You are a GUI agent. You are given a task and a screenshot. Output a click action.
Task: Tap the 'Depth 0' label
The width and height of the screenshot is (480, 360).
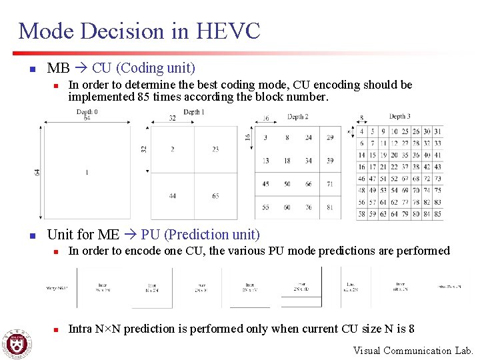click(x=87, y=112)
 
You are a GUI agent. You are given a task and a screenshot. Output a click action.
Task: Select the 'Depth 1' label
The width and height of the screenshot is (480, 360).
click(x=193, y=112)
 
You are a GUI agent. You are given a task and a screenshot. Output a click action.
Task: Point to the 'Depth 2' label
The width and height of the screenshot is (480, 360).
click(x=297, y=117)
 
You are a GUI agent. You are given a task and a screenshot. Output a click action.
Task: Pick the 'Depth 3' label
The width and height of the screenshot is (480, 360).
click(x=399, y=117)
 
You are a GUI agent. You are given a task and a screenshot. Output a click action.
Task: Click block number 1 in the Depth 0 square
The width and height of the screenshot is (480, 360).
click(x=87, y=173)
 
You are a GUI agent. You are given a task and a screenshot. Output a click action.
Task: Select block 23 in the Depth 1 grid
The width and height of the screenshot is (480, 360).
click(x=215, y=149)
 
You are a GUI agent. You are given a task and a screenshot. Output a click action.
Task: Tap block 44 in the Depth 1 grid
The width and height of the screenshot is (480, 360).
click(x=173, y=196)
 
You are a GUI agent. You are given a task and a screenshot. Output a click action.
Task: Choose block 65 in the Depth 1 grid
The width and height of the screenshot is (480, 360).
click(x=215, y=196)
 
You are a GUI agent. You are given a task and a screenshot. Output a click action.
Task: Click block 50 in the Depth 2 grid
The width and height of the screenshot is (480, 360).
click(x=287, y=184)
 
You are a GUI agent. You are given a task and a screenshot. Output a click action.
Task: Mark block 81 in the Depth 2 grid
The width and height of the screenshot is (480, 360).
click(x=329, y=207)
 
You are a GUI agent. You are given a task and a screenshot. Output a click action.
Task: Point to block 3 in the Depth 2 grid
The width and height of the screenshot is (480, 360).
click(x=266, y=138)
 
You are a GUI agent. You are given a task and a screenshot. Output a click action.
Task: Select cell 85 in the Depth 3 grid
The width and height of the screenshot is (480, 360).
click(x=437, y=214)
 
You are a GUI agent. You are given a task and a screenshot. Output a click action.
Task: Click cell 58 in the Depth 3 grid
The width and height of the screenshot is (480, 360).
click(x=362, y=214)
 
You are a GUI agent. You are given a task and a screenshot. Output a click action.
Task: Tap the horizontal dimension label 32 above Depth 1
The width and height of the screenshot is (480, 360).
click(x=172, y=118)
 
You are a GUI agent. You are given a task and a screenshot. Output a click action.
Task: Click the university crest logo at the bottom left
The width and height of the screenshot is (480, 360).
click(x=16, y=343)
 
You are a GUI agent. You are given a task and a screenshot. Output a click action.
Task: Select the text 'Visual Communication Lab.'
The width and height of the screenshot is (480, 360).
click(x=413, y=351)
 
